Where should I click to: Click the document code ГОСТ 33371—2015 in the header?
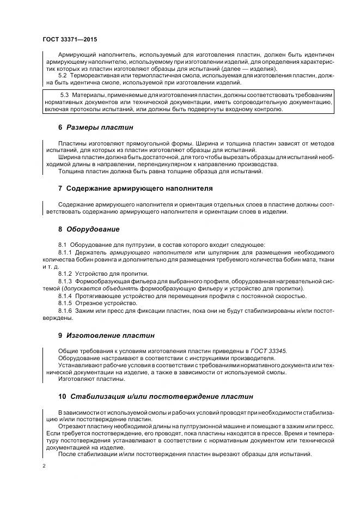tap(70, 39)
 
